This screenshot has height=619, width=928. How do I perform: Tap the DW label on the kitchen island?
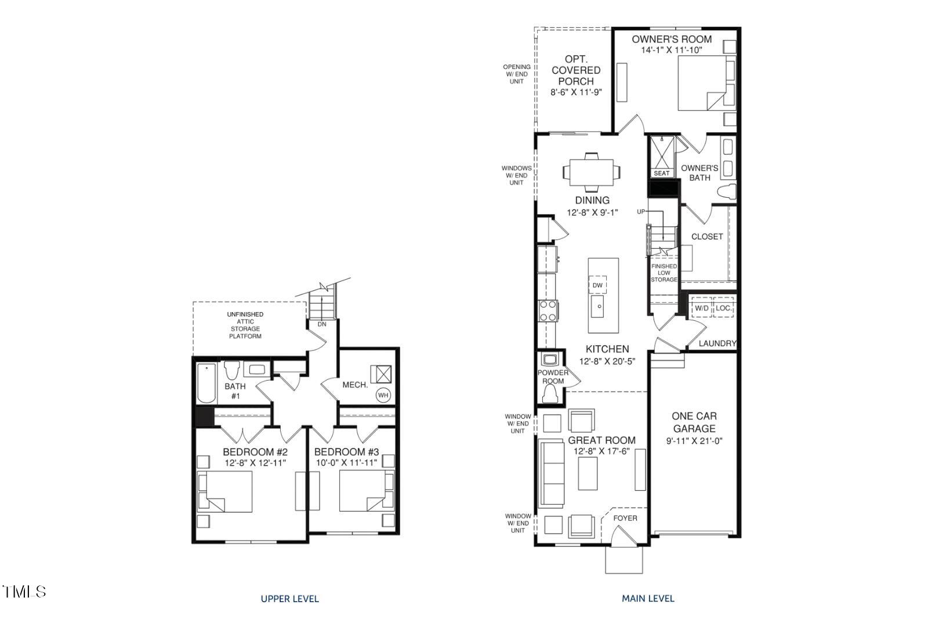[597, 285]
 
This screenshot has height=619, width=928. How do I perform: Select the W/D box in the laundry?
[701, 308]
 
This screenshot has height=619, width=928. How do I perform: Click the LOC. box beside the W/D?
[723, 308]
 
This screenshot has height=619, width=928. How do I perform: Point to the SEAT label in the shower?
[662, 173]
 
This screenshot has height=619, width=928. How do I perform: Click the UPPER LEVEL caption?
[289, 599]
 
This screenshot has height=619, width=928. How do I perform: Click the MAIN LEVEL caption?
[648, 598]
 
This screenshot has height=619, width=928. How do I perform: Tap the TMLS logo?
[24, 592]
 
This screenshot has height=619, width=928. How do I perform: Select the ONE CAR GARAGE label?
[694, 422]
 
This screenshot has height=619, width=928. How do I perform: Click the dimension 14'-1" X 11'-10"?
[672, 50]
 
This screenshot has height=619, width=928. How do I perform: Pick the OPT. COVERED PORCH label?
[576, 70]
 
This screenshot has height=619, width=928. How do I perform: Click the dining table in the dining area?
[592, 172]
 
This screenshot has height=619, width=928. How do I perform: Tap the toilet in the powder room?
[549, 395]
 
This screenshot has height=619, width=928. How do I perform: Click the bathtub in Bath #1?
[206, 383]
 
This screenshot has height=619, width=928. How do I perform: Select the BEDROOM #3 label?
[346, 452]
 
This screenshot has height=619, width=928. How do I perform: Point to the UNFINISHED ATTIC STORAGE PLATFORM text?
[245, 325]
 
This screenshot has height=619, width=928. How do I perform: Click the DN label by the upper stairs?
[322, 324]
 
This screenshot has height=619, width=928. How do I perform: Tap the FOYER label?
[625, 518]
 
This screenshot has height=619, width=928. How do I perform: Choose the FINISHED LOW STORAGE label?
[664, 273]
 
